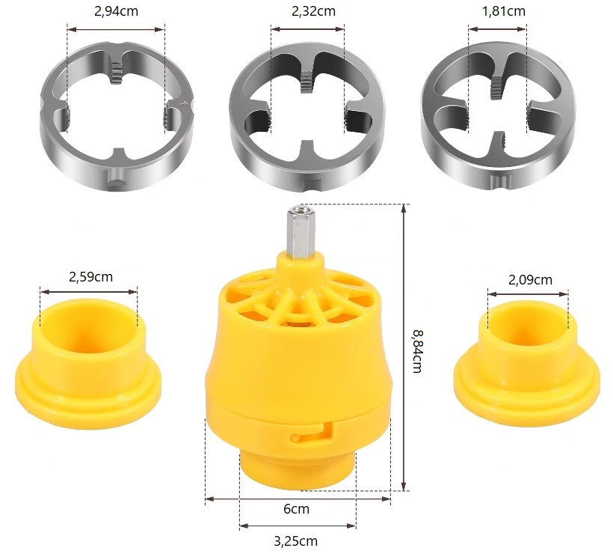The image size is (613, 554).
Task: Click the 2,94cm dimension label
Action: click(116, 11)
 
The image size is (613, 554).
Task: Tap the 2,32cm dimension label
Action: click(313, 11)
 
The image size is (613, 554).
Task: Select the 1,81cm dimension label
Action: click(504, 11)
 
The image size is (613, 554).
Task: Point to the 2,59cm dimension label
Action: click(90, 277)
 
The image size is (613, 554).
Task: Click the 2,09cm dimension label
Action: click(530, 279)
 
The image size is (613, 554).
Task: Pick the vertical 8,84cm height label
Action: click(417, 351)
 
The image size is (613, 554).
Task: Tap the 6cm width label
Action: click(296, 508)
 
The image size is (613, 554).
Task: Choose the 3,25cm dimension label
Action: click(295, 541)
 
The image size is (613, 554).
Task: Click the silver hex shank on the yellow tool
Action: click(299, 231)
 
